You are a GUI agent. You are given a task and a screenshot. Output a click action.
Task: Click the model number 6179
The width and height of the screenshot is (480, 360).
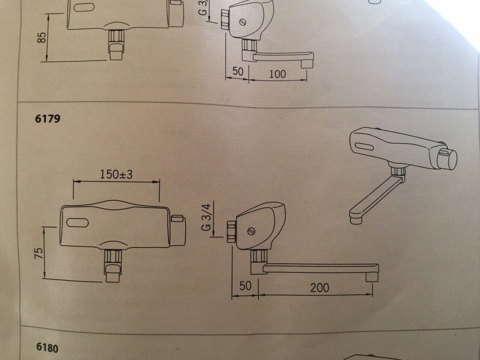pos(47,118)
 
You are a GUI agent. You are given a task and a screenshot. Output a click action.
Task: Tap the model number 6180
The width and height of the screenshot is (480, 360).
pos(47,347)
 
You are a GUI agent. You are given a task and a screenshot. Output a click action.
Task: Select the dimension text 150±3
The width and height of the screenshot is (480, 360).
pos(116,174)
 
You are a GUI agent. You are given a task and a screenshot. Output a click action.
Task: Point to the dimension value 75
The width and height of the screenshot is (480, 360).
pos(38,253)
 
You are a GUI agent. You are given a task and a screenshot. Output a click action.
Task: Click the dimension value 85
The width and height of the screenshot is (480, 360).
pos(42,37)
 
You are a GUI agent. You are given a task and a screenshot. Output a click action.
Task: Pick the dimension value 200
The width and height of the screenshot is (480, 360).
pos(319,288)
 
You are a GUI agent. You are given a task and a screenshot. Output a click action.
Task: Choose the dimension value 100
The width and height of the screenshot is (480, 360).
pos(277,74)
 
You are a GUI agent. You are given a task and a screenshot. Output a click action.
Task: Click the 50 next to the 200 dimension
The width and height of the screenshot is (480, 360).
pos(245,286)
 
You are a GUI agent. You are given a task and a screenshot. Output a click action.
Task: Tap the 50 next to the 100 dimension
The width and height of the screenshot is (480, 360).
pos(238,71)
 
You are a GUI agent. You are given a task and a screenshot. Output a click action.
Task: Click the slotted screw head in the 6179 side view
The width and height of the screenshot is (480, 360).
pos(251,231)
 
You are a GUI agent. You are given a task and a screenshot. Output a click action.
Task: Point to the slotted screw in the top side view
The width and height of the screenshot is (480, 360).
pos(243,22)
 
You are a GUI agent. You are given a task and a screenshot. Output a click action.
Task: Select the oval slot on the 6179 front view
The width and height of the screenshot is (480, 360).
pos(77,222)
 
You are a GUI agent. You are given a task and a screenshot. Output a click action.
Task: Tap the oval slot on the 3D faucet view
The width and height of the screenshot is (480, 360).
pos(364,146)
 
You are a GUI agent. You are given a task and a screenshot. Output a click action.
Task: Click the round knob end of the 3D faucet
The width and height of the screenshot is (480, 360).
pos(449,159)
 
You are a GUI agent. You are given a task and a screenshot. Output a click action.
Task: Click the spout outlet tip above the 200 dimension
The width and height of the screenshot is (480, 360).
pos(372,276)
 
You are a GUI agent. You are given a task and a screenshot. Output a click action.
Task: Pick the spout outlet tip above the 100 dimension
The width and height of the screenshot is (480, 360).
pos(306,64)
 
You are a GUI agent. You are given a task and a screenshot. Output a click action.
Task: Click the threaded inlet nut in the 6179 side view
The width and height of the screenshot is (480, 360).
pos(231,232)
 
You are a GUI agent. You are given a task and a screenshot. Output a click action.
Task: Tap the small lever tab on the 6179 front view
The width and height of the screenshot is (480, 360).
pos(177,218)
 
